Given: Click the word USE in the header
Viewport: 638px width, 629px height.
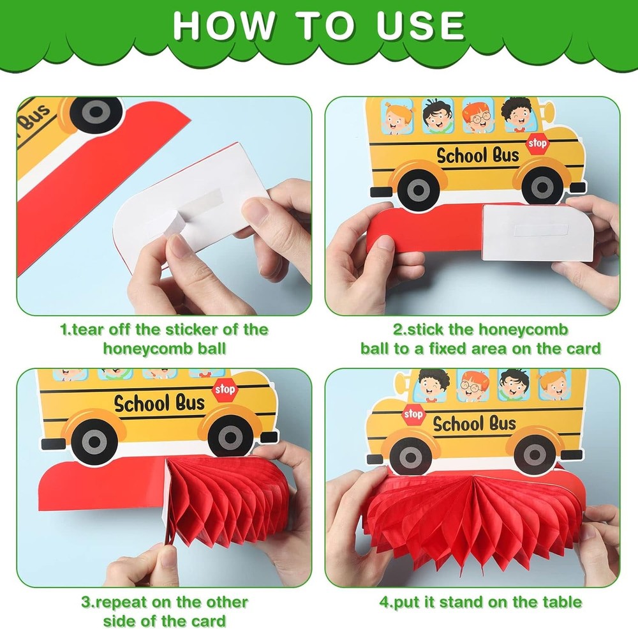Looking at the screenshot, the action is pos(420,26).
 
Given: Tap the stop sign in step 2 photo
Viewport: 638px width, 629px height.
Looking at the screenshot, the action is pos(537,144).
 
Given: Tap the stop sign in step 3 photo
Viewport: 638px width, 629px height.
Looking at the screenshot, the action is pos(224,390).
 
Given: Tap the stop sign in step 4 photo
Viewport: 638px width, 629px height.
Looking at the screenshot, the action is pos(413,414).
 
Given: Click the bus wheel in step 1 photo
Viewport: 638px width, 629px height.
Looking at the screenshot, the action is pos(95,113).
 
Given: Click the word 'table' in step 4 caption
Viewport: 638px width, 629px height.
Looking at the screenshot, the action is pos(563,602).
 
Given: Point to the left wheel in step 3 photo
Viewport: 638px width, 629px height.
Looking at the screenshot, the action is pos(94,441).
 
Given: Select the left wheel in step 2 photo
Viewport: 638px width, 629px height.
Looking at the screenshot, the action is pos(417,188).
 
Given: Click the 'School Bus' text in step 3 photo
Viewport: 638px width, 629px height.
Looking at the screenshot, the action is pos(159,404).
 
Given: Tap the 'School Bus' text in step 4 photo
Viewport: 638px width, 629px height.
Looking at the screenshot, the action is pos(474,423).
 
